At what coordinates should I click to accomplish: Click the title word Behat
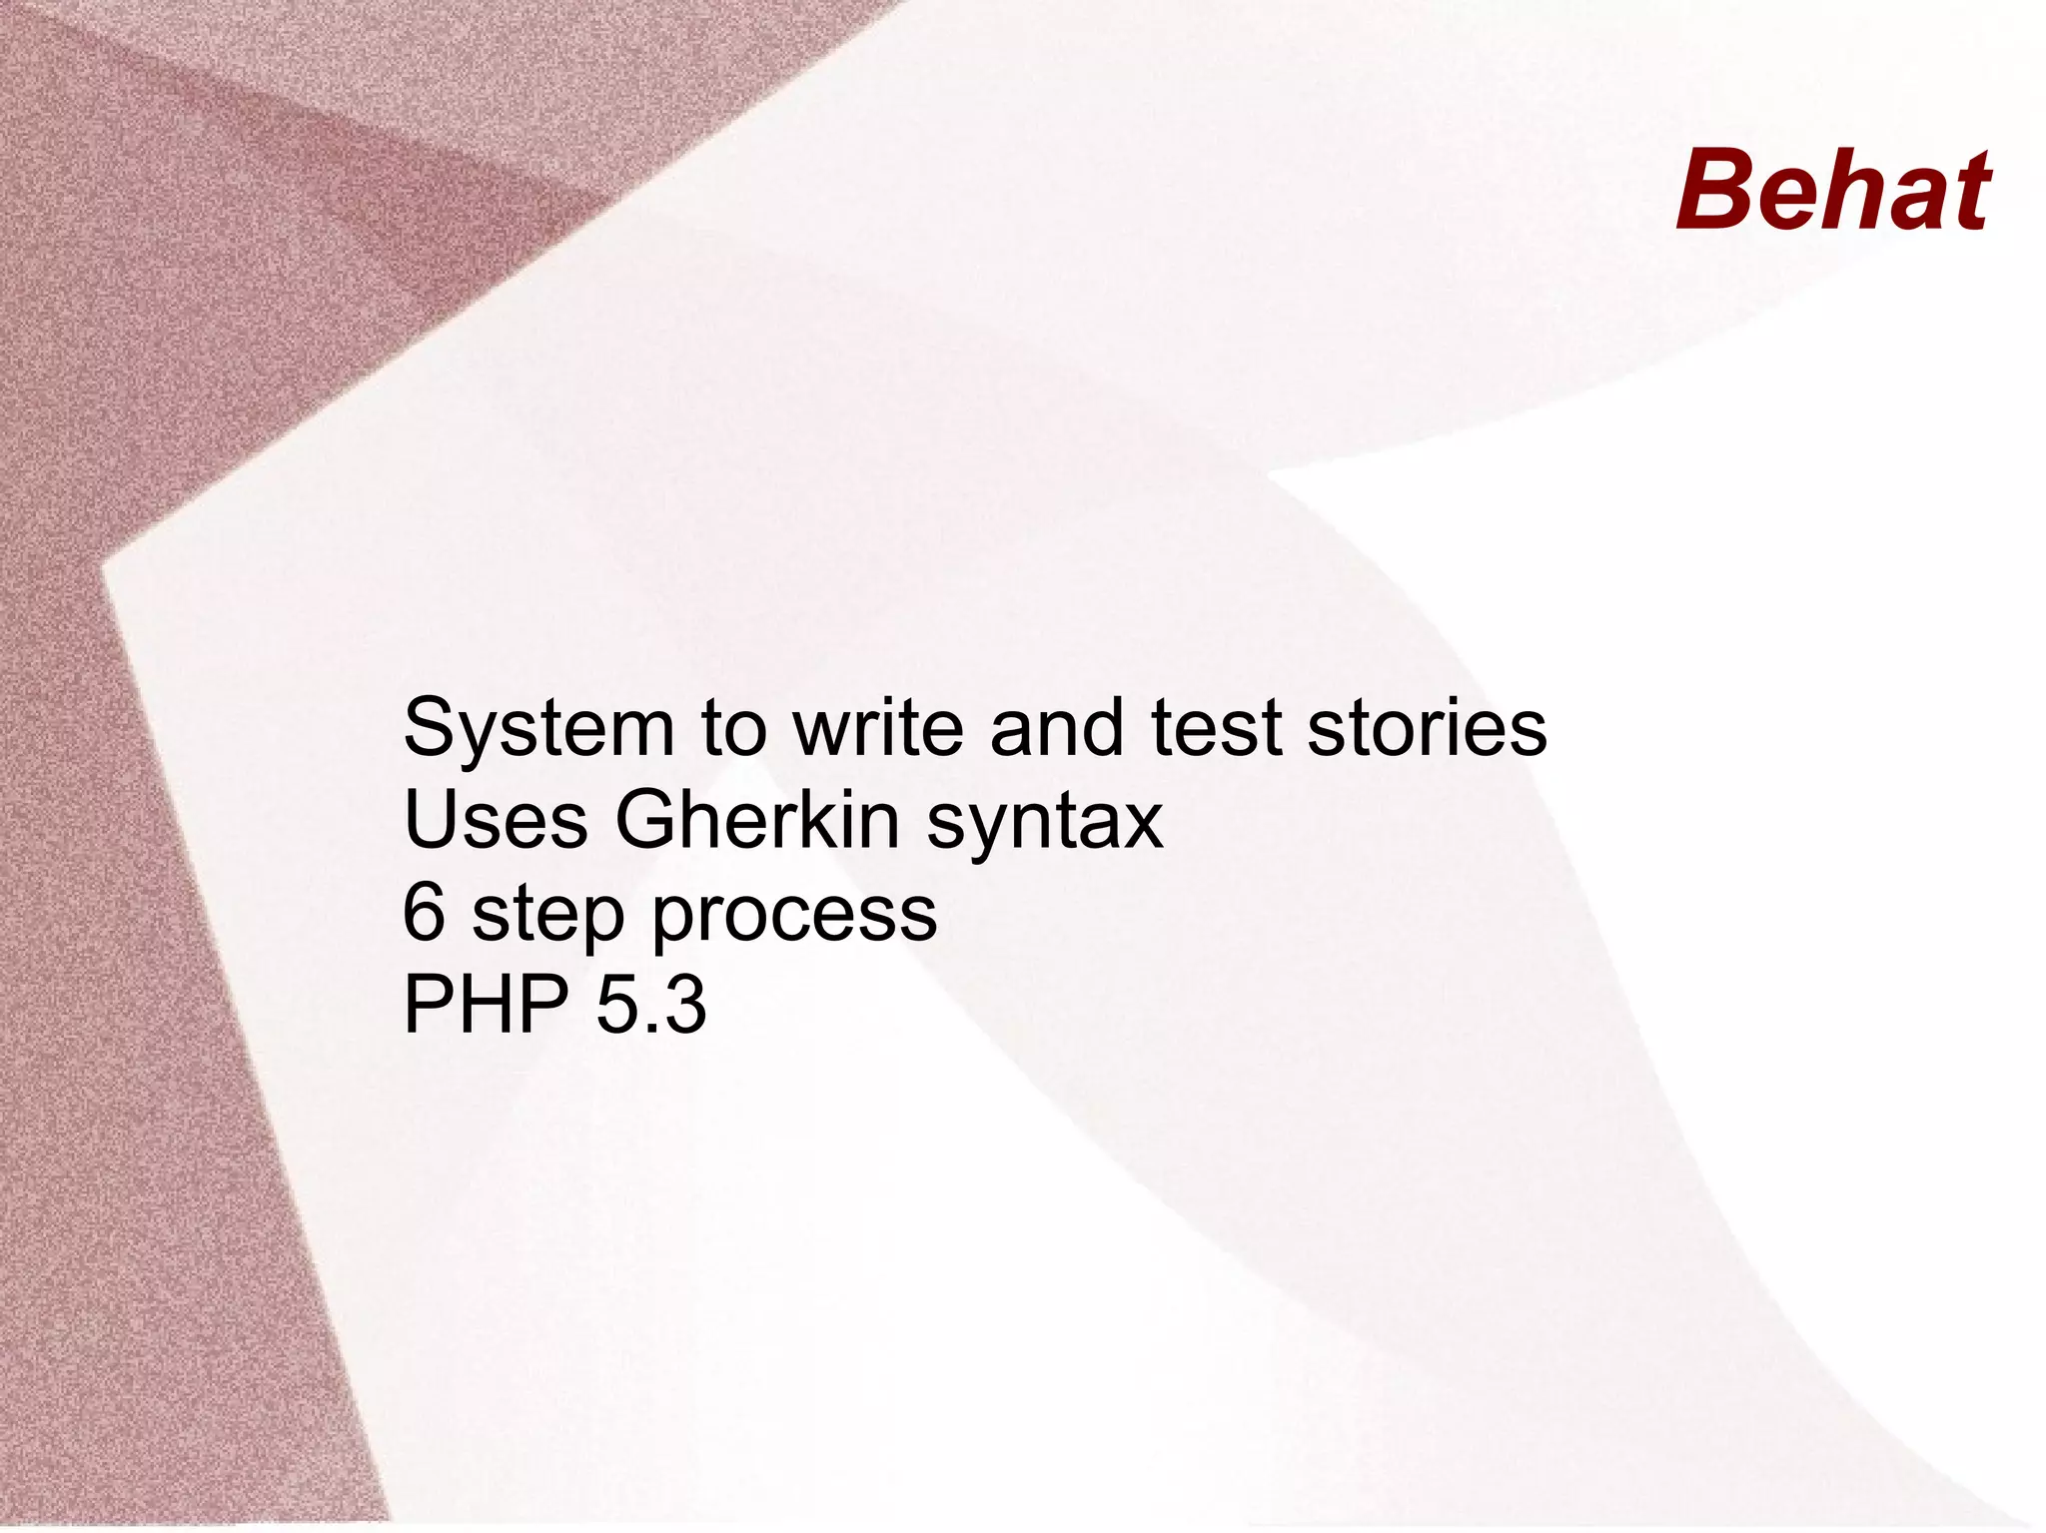tap(1833, 190)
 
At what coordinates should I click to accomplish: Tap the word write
tap(878, 728)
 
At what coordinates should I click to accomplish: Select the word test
tap(1216, 728)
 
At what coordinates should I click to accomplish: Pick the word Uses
tap(496, 820)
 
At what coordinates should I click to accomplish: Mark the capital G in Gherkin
tap(649, 820)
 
